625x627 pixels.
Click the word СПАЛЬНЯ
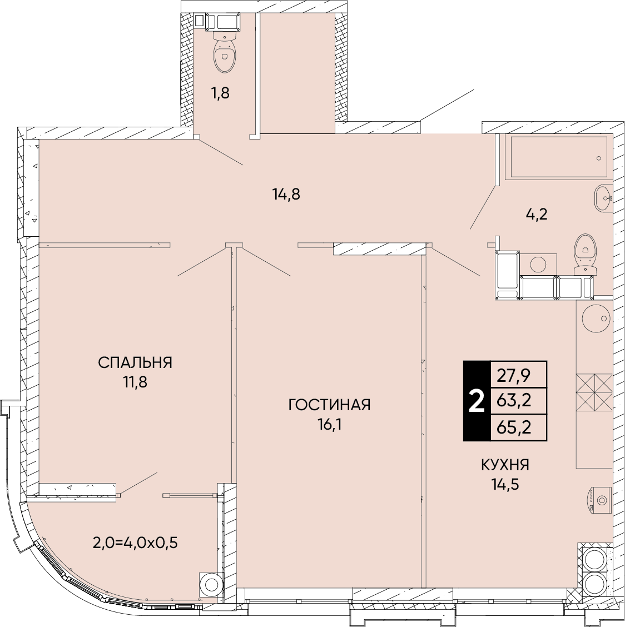pyautogui.click(x=135, y=362)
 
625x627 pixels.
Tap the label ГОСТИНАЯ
pyautogui.click(x=329, y=405)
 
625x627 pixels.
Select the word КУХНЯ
pyautogui.click(x=505, y=465)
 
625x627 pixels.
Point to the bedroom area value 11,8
pyautogui.click(x=135, y=382)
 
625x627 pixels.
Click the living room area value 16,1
pyautogui.click(x=329, y=425)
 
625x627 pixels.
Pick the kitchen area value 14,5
pyautogui.click(x=505, y=485)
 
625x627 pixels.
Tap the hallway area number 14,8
pyautogui.click(x=286, y=195)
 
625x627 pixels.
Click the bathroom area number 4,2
pyautogui.click(x=536, y=215)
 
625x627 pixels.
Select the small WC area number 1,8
pyautogui.click(x=220, y=93)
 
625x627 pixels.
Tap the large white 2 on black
pyautogui.click(x=477, y=401)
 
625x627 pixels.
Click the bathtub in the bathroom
pyautogui.click(x=559, y=157)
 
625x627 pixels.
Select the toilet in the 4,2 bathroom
pyautogui.click(x=584, y=255)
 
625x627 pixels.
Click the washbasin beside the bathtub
pyautogui.click(x=603, y=198)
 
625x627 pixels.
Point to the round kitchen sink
pyautogui.click(x=596, y=319)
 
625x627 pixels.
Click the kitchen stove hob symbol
pyautogui.click(x=594, y=392)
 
